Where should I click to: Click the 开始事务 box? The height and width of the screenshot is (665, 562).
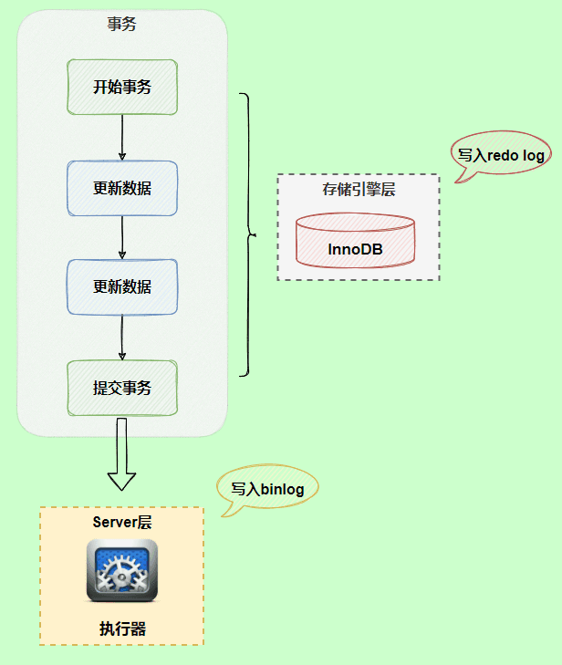122,87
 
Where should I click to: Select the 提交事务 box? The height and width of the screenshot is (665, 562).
122,388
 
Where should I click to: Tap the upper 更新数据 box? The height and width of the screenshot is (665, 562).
122,188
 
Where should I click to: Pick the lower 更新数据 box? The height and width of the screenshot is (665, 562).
122,287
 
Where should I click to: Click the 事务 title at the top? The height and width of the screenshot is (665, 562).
121,24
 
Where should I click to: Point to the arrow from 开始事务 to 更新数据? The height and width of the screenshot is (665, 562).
122,138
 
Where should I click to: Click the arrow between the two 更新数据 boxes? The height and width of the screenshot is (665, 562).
122,237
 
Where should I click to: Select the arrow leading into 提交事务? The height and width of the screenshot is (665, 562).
122,338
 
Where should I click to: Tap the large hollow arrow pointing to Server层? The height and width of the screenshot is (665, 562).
121,454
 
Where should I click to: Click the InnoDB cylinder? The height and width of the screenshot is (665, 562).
356,241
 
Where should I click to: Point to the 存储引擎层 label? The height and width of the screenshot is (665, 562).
359,189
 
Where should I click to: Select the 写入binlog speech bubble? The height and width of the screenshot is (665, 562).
267,488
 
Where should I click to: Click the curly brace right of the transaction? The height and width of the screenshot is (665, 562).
248,234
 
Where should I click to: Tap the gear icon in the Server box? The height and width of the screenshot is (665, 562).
122,570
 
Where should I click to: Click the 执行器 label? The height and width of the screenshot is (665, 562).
122,629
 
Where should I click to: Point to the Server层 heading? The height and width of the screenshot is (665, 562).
122,522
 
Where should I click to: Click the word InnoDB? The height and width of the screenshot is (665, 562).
356,249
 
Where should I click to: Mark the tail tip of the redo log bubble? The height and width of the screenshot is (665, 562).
455,182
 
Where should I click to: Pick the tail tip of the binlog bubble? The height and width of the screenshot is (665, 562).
222,516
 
